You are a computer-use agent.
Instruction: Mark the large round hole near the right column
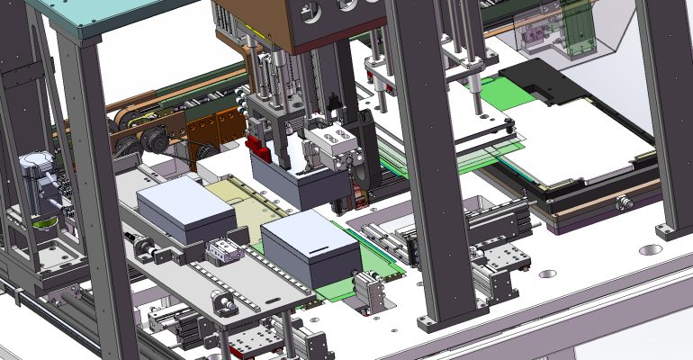650,248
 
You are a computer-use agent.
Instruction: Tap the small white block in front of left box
221,253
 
